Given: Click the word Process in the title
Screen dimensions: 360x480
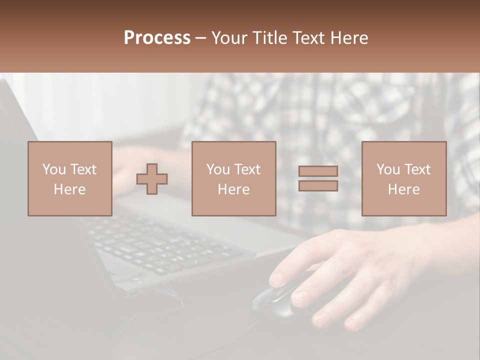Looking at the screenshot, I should [x=157, y=38].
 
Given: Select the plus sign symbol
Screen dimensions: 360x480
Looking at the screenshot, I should [x=152, y=179].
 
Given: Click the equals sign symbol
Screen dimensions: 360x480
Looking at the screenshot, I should [x=318, y=178].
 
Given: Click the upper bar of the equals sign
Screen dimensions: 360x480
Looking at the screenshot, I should [x=318, y=171].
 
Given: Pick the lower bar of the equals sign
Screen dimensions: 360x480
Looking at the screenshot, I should [x=318, y=185].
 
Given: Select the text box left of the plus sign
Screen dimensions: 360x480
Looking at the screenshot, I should [x=69, y=178].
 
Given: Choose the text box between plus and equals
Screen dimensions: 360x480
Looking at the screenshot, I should [x=233, y=178].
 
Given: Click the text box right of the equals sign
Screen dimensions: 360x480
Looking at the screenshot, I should [x=403, y=178].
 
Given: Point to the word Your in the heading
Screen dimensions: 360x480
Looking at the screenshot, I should [x=228, y=38].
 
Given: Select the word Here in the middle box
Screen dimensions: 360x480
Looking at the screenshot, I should [x=233, y=189].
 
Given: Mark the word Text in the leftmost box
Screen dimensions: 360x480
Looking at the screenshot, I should [x=82, y=169].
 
